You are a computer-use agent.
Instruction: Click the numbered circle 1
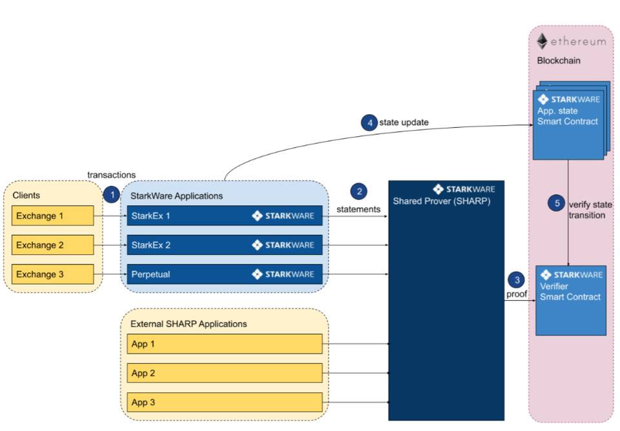pyautogui.click(x=111, y=194)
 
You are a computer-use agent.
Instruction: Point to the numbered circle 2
pyautogui.click(x=358, y=192)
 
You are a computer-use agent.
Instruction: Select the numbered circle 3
pyautogui.click(x=516, y=280)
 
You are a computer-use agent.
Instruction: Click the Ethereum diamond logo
pyautogui.click(x=542, y=41)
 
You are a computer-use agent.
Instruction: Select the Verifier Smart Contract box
pyautogui.click(x=571, y=300)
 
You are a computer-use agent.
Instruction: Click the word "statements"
pyautogui.click(x=358, y=210)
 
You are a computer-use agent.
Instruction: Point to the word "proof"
pyautogui.click(x=516, y=294)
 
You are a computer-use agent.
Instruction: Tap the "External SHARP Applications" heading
pyautogui.click(x=189, y=324)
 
